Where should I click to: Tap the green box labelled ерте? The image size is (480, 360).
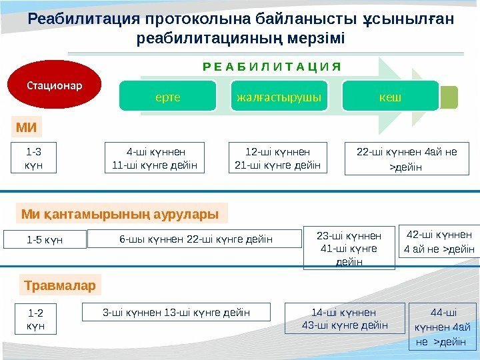[168, 97]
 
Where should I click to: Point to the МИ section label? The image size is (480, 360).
[27, 127]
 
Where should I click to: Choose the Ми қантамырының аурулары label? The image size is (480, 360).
[121, 214]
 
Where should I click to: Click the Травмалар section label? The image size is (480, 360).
[60, 286]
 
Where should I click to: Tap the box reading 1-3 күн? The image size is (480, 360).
[33, 158]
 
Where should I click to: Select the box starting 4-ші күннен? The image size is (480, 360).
[156, 158]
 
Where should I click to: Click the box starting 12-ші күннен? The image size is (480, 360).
[278, 158]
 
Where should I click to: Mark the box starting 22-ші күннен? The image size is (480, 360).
[407, 159]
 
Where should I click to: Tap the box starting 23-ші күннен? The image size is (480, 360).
[349, 248]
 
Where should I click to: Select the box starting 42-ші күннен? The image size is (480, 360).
[440, 242]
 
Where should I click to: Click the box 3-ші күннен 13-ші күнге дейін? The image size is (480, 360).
[177, 312]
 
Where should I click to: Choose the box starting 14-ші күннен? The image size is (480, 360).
[345, 319]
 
